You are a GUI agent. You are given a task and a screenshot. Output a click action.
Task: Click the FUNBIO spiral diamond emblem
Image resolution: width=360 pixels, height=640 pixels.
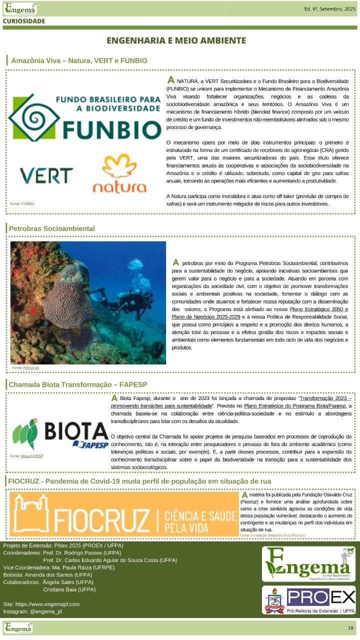pyautogui.click(x=34, y=117)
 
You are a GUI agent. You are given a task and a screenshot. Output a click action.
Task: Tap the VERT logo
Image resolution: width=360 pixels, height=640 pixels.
pyautogui.click(x=46, y=175)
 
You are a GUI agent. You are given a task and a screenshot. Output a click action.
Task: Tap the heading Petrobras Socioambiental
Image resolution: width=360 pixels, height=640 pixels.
pyautogui.click(x=51, y=228)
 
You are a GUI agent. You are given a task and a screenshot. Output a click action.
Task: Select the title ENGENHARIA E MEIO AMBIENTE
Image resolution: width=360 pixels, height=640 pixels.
pyautogui.click(x=176, y=40)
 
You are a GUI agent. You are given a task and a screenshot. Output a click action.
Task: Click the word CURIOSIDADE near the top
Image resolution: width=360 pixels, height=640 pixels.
pyautogui.click(x=24, y=21)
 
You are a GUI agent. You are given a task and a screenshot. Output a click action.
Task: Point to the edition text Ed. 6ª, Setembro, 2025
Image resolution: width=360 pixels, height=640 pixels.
pyautogui.click(x=329, y=9)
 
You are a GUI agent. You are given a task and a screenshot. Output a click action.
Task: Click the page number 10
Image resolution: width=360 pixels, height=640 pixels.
pyautogui.click(x=350, y=627)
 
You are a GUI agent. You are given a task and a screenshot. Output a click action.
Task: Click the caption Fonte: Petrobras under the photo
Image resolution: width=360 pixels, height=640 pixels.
pyautogui.click(x=25, y=367)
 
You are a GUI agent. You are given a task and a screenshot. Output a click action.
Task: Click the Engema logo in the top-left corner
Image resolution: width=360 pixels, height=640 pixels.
pyautogui.click(x=20, y=8)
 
